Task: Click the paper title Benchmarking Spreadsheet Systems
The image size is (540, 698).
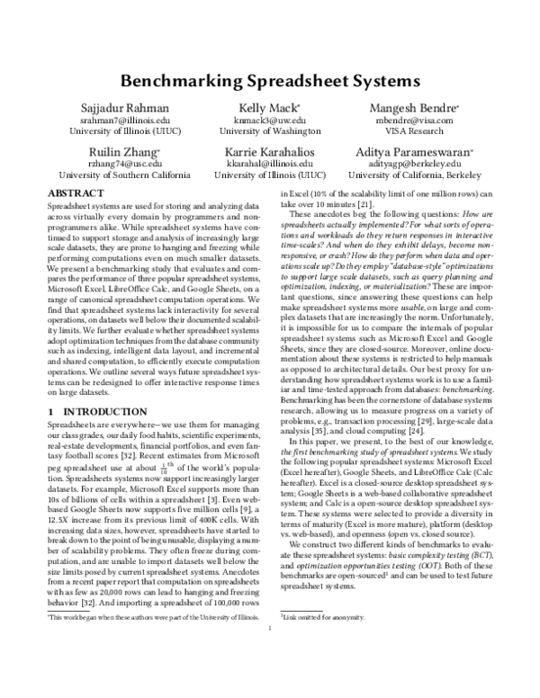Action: coord(270,79)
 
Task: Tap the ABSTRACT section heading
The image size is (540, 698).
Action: coord(75,193)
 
